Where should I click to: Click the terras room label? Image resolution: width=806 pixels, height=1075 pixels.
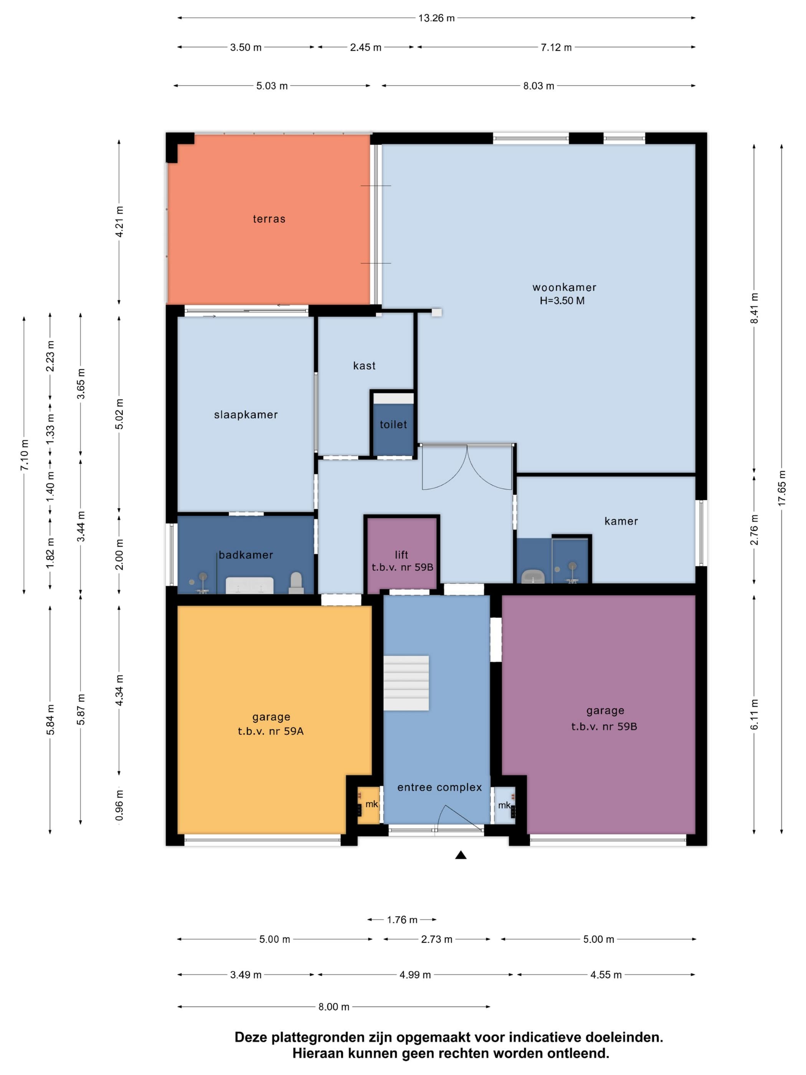[x=269, y=219]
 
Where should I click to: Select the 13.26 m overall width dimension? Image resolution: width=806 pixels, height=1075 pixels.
[x=436, y=18]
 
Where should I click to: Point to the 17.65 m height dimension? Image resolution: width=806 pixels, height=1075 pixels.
[x=781, y=488]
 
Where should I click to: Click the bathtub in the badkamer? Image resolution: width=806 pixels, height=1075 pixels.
[x=249, y=585]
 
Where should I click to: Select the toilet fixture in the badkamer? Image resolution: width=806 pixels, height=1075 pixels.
[x=296, y=583]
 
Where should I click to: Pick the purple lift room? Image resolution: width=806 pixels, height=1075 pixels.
[x=402, y=556]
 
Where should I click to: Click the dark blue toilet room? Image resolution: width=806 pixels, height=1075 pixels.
[x=393, y=426]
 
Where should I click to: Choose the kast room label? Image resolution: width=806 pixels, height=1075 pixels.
[x=364, y=365]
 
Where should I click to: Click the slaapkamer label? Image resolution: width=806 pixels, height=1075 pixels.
[x=246, y=415]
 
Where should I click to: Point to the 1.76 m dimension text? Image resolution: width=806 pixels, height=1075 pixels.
[x=402, y=920]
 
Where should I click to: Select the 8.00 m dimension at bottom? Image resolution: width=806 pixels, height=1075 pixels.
[x=334, y=1007]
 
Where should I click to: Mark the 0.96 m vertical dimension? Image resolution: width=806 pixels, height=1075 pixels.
[x=119, y=805]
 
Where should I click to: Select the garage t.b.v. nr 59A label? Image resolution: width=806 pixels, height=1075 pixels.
[x=271, y=724]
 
